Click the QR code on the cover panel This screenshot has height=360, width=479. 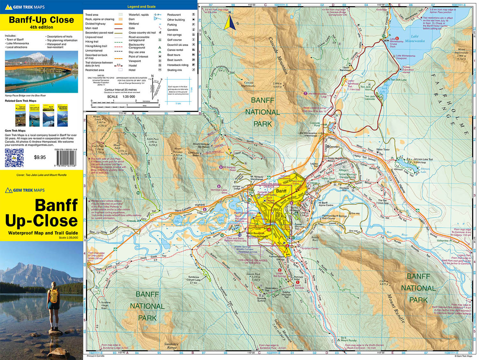14,158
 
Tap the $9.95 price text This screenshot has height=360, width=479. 40,157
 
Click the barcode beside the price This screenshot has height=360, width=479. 66,157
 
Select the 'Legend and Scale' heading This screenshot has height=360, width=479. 141,7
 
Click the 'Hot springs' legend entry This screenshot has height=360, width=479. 174,35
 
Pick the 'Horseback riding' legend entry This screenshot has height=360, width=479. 178,65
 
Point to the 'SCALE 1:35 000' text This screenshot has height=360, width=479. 121,97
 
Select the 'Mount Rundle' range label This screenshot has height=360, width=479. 396,308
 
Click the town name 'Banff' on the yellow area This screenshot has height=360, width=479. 281,191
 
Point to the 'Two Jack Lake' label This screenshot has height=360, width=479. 398,80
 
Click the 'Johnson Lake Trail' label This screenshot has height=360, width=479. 423,159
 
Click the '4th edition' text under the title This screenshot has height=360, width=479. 42,27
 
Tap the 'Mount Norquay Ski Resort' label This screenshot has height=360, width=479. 201,146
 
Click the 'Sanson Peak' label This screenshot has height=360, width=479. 253,274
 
